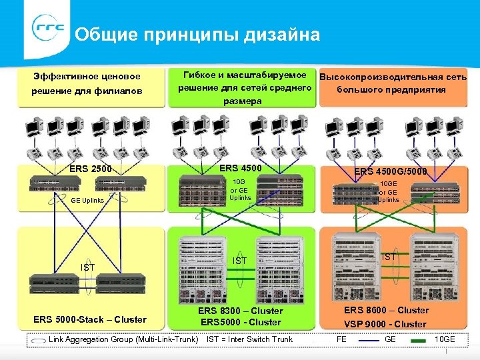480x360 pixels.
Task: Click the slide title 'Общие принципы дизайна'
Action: click(x=197, y=34)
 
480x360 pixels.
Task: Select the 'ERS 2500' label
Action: click(x=91, y=168)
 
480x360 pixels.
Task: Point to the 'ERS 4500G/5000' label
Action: click(x=390, y=171)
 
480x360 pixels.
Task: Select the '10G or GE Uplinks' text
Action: click(x=239, y=189)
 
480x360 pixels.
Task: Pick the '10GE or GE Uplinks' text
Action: click(x=389, y=191)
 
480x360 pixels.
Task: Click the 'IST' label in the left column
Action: click(x=88, y=267)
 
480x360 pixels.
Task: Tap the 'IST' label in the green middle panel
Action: click(x=239, y=260)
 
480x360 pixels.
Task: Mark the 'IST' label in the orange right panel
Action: click(x=389, y=257)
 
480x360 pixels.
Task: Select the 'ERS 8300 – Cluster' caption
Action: click(x=241, y=311)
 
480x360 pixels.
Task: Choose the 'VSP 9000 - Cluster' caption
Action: click(x=385, y=324)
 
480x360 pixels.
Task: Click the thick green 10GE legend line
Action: click(x=419, y=340)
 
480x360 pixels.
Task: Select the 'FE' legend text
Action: click(x=341, y=339)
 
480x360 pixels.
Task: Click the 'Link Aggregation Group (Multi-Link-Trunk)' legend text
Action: click(x=123, y=339)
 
